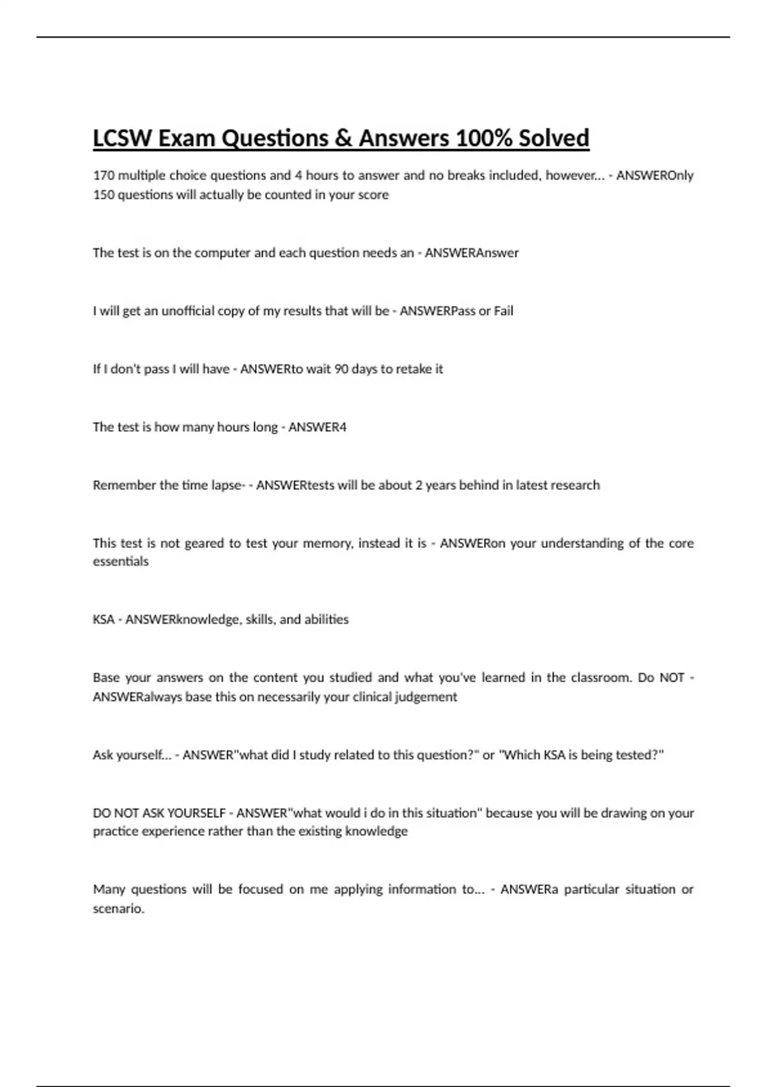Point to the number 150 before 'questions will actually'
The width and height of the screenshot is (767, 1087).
tap(104, 194)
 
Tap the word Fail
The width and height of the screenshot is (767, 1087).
tap(504, 311)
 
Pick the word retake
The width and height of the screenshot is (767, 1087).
tap(414, 369)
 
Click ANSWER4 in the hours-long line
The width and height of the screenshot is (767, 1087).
tap(317, 427)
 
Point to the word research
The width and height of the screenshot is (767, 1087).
tap(573, 485)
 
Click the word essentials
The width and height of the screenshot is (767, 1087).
tap(121, 561)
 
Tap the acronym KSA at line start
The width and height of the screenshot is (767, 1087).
tap(104, 620)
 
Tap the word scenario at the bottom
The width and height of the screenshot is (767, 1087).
tap(118, 909)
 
